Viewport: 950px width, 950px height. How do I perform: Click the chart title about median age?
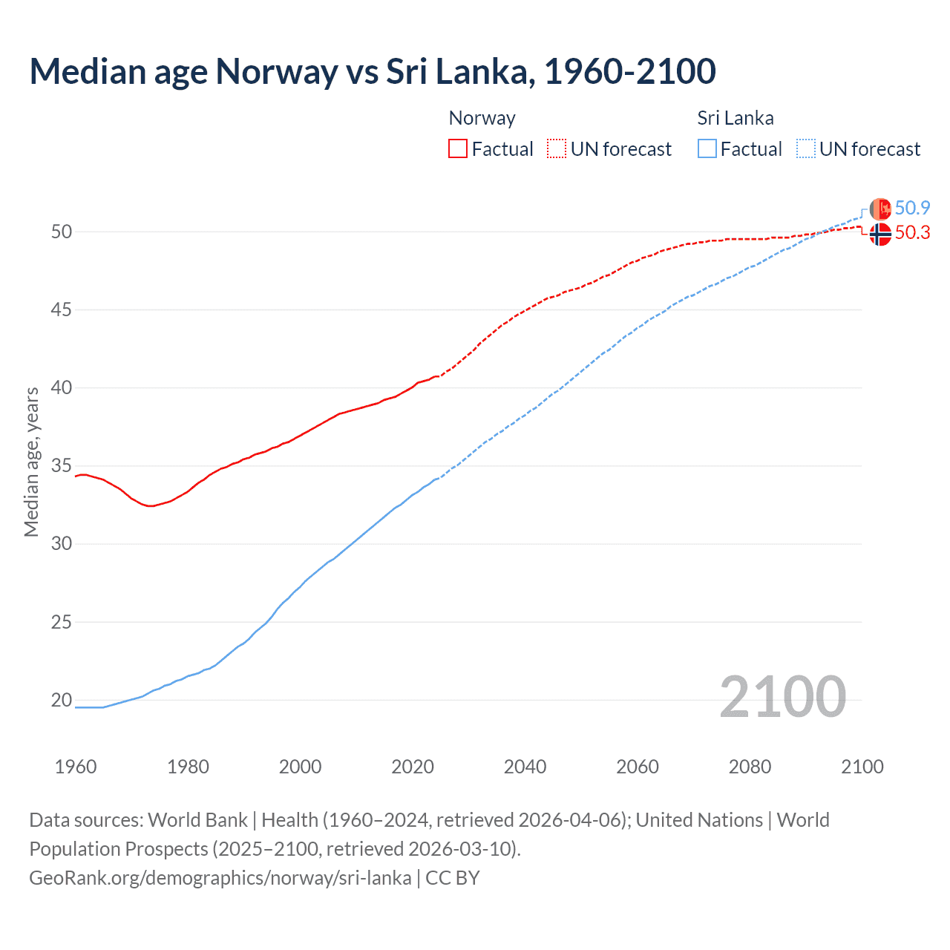[373, 71]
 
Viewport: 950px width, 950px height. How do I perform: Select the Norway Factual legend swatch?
[458, 148]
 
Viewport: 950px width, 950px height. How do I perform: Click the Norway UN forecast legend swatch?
[557, 148]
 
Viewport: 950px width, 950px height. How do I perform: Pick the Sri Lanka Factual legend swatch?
[707, 148]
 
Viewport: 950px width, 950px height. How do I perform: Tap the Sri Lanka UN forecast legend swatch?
[805, 148]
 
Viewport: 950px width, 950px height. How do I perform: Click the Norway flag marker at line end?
[880, 234]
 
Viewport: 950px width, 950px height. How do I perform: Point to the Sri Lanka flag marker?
[880, 209]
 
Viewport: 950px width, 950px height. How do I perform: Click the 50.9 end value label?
[912, 208]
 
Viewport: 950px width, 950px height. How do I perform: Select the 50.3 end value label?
[912, 233]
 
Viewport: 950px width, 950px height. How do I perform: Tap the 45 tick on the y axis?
[62, 309]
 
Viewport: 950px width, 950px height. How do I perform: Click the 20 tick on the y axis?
[62, 700]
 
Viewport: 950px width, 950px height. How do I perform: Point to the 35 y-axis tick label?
[62, 466]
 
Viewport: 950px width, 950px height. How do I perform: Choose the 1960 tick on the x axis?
[76, 767]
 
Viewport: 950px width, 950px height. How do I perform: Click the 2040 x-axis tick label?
[525, 767]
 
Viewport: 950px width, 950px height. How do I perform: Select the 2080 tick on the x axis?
[750, 767]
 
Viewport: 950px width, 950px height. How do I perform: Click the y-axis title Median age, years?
[31, 462]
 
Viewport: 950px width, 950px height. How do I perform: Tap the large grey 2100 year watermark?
[782, 696]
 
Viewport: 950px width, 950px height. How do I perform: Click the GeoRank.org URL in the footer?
[220, 878]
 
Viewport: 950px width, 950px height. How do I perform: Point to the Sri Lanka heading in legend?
[735, 118]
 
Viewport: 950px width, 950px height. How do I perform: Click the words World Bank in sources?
[197, 820]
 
